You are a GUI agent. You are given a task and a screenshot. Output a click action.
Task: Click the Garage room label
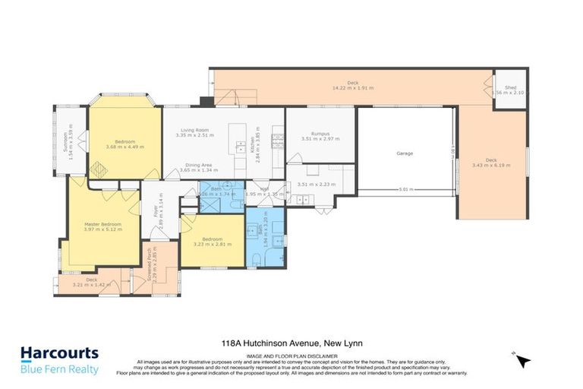pos(404,153)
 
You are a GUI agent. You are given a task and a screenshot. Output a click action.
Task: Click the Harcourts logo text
pos(59,353)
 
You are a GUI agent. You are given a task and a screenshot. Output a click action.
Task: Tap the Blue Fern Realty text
pos(59,369)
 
